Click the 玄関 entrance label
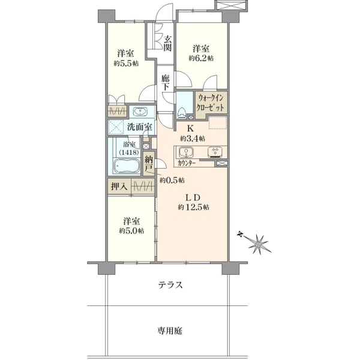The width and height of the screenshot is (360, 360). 167,44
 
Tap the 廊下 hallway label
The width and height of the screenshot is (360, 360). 166,83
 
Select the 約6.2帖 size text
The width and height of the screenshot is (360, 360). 201,58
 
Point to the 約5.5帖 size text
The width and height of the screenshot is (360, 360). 126,64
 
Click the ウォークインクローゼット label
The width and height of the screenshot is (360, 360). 211,103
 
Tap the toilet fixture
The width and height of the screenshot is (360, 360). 182,113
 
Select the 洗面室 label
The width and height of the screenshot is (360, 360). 140,127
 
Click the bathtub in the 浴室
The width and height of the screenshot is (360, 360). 127,166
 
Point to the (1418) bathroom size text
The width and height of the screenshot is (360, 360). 129,152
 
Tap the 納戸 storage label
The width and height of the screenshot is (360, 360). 149,164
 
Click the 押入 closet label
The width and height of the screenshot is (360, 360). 119,187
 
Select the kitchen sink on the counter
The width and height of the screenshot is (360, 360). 186,152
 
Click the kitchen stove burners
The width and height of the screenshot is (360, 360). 215,152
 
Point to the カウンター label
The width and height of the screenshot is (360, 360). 187,163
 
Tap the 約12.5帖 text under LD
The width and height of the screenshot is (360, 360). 193,208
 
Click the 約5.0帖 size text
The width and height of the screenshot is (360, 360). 131,231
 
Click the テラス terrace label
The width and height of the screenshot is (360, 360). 170,285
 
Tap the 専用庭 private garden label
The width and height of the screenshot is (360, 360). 170,331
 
